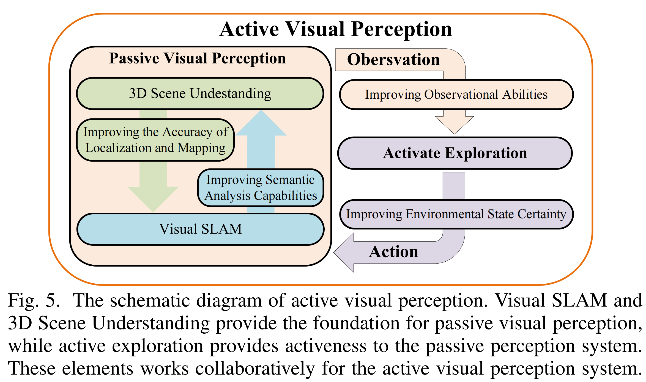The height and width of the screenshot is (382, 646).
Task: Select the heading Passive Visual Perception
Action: (x=197, y=58)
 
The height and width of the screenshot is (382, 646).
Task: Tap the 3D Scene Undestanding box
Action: (x=200, y=93)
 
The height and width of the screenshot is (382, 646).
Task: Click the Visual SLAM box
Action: (x=201, y=229)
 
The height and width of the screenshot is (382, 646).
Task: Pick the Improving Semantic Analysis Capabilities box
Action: (x=261, y=188)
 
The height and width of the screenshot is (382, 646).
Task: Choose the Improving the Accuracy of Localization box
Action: (x=155, y=140)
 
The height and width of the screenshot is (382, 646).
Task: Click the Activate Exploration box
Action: (x=455, y=153)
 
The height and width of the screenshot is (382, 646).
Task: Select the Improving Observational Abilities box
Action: (x=456, y=95)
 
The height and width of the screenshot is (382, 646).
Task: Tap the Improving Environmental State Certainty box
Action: (x=456, y=214)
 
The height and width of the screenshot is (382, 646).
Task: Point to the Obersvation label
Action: (x=393, y=60)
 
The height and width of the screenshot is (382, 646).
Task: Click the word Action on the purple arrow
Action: (x=393, y=252)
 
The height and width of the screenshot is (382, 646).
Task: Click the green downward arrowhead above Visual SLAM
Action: (x=153, y=198)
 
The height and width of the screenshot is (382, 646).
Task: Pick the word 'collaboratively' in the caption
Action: (x=255, y=368)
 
